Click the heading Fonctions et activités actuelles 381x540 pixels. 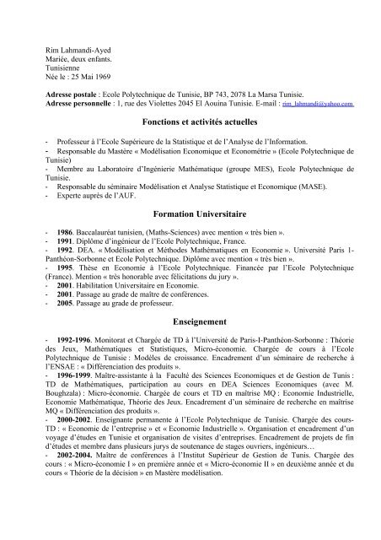[x=190, y=124]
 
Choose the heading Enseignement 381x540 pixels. [x=190, y=321]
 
